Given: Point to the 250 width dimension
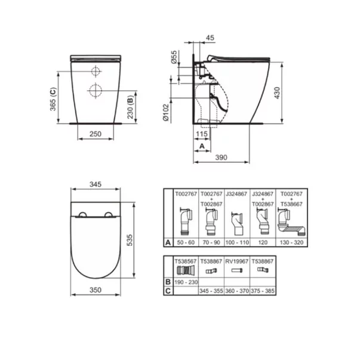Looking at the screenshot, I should [95, 134].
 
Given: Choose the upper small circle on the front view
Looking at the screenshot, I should [94, 71].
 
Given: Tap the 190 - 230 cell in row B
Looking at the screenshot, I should [183, 282].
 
